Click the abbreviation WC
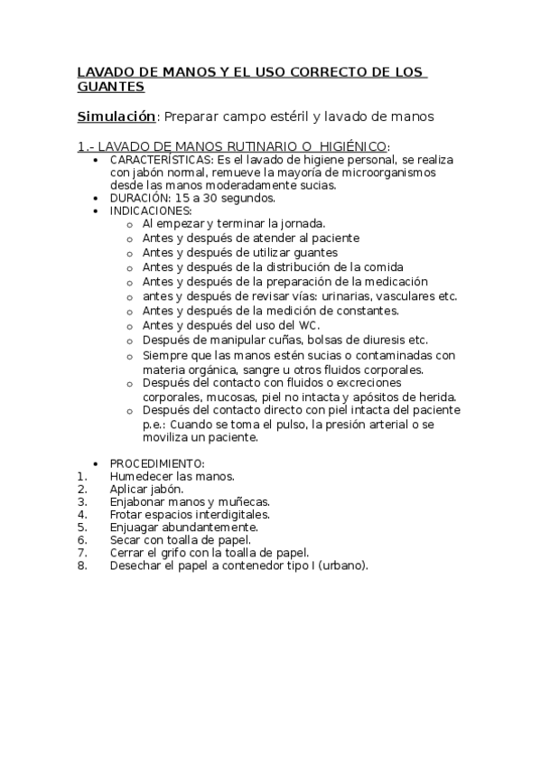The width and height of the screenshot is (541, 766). click(310, 325)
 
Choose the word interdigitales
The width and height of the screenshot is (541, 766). click(229, 514)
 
